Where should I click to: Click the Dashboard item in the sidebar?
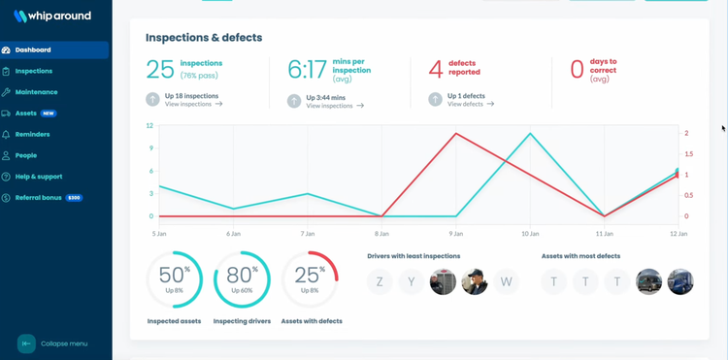pos(33,50)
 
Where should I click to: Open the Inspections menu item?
pos(34,71)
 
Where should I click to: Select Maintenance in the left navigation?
pos(36,92)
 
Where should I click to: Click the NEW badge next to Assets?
pos(49,114)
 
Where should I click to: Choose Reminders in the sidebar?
pos(32,135)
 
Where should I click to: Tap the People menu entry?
pos(26,155)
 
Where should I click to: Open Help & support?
pos(39,177)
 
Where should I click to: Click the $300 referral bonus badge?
pos(74,198)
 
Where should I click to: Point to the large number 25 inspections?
pos(160,69)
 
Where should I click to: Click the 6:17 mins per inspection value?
pos(308,69)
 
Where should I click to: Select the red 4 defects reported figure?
pos(436,69)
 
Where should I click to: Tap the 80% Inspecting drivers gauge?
pos(242,279)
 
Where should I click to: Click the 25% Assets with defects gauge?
pos(310,279)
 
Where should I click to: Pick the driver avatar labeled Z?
pos(380,281)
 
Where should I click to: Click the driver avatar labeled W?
pos(506,281)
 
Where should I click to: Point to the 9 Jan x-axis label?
pos(456,234)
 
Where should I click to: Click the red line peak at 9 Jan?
pos(456,134)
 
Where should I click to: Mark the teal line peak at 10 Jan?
pos(530,134)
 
